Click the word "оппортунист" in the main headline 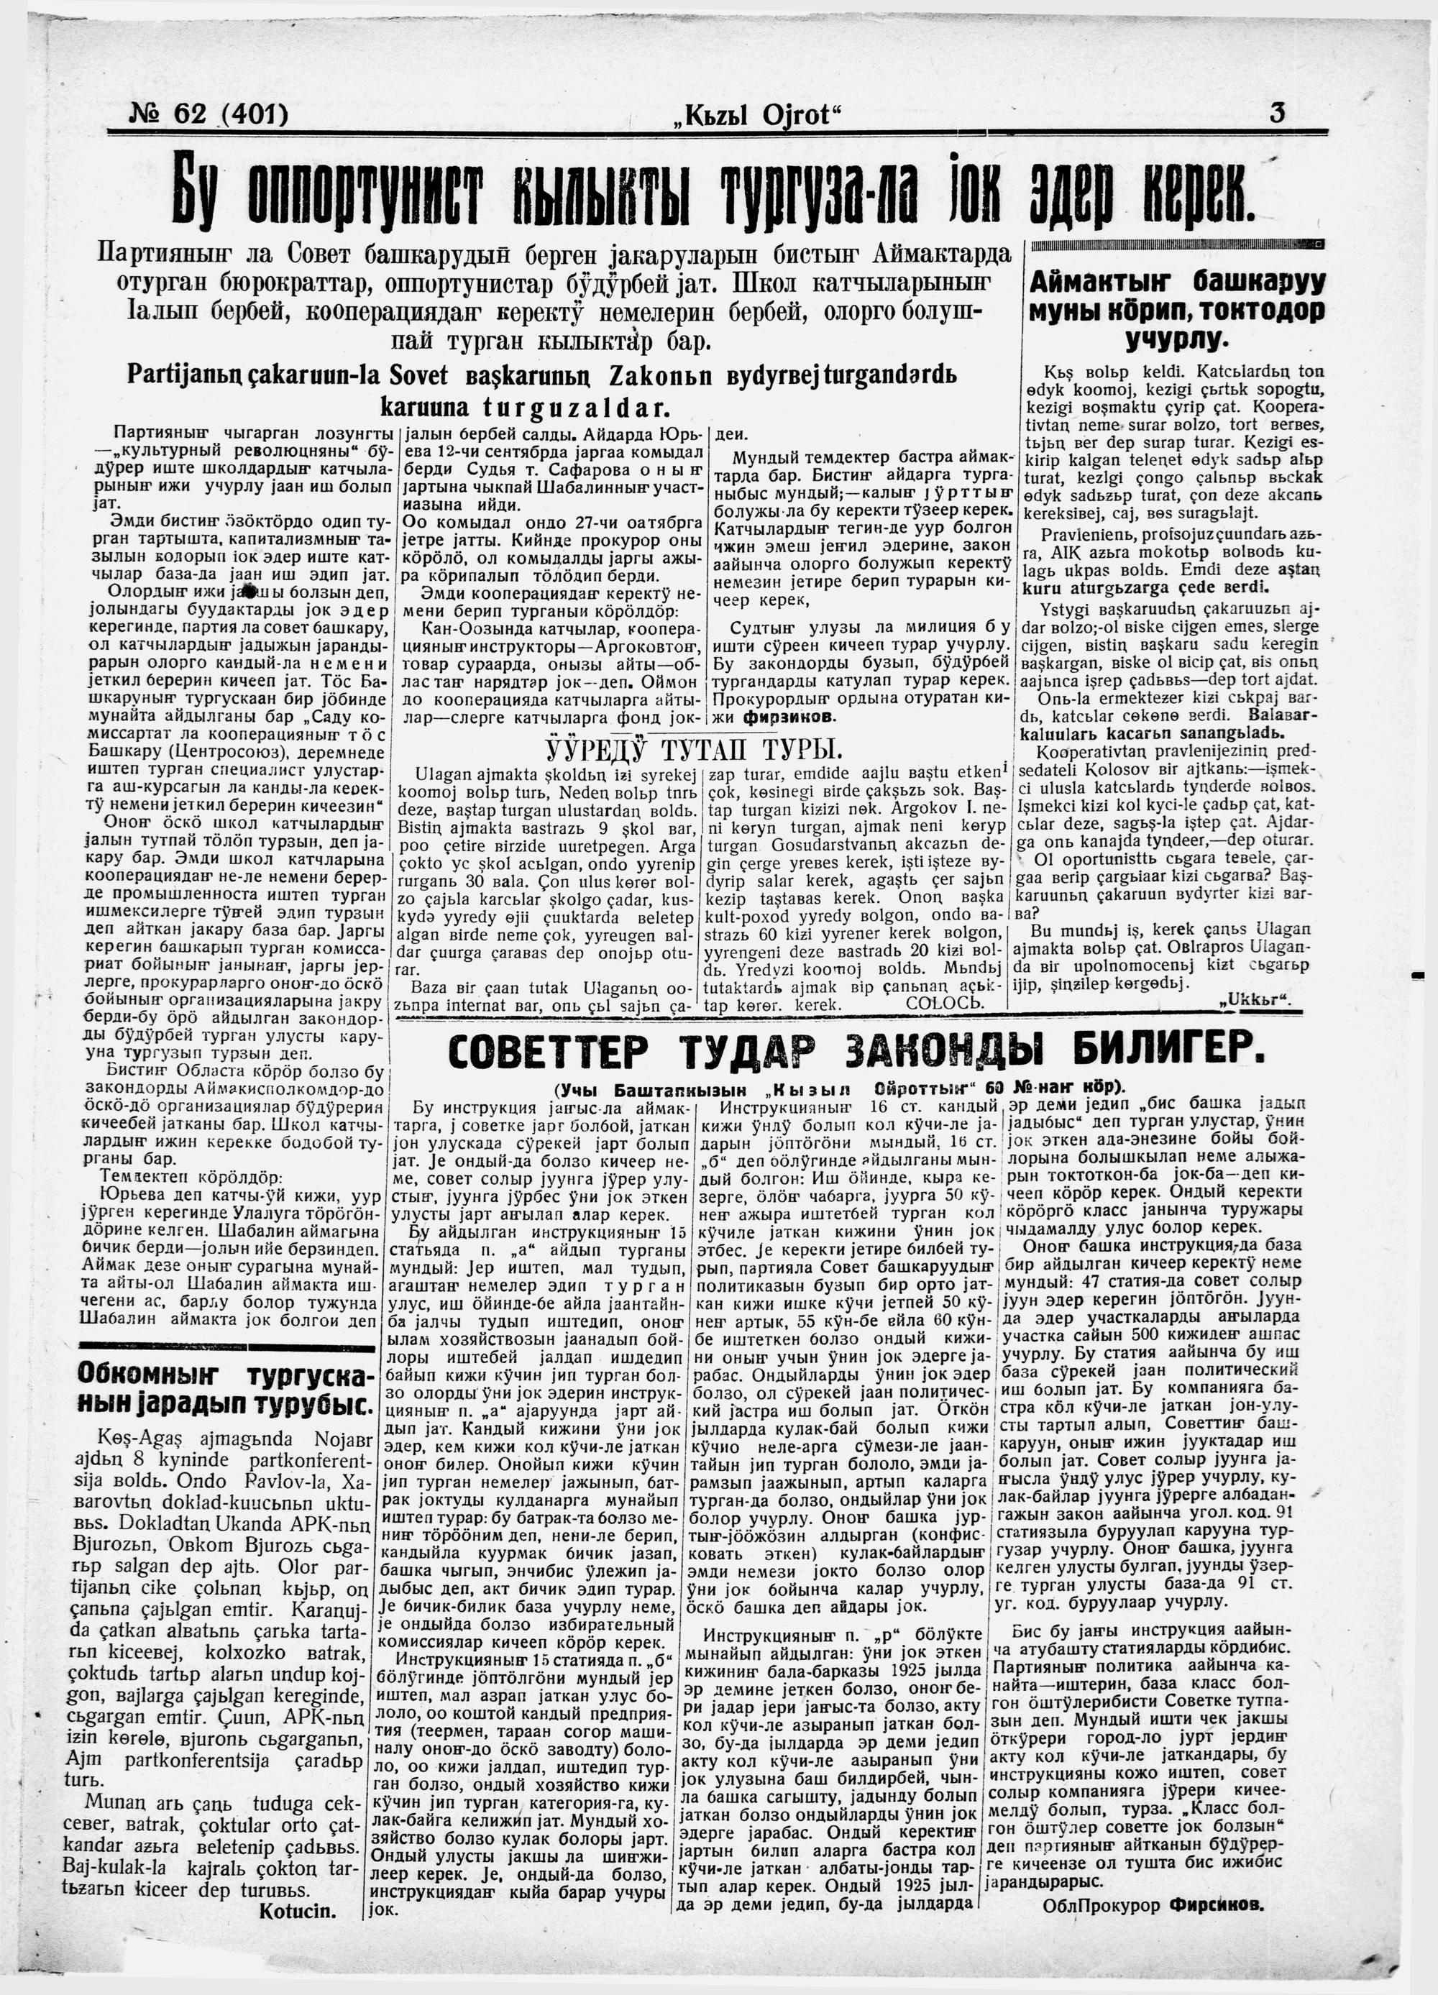coord(373,192)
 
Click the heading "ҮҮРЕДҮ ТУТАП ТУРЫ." coord(694,751)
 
